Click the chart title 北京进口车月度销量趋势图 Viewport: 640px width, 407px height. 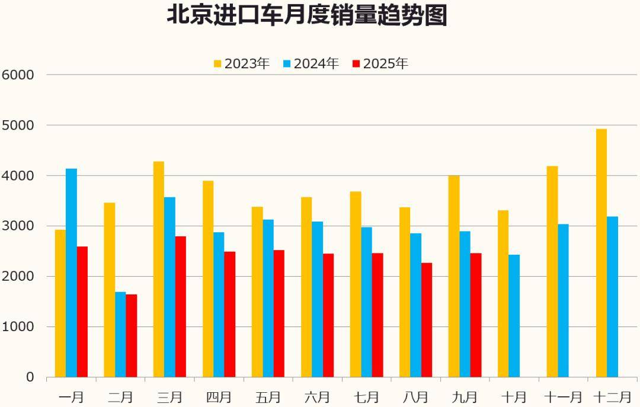[x=306, y=15]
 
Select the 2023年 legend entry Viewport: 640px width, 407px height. [x=242, y=63]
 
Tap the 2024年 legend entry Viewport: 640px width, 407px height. [x=311, y=63]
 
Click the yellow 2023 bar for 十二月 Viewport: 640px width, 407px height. [x=601, y=253]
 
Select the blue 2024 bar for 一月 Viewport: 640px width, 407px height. [x=71, y=273]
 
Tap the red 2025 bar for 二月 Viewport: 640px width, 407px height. [x=132, y=335]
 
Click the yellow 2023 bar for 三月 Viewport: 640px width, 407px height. [x=159, y=269]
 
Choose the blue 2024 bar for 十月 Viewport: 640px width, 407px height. [x=514, y=316]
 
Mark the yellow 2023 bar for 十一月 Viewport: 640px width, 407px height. [x=552, y=271]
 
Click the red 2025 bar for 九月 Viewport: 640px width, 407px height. [x=476, y=315]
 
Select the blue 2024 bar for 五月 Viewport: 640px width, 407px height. [x=268, y=298]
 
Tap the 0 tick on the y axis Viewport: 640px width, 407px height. [x=30, y=377]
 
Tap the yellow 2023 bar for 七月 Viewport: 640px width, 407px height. [x=356, y=284]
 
